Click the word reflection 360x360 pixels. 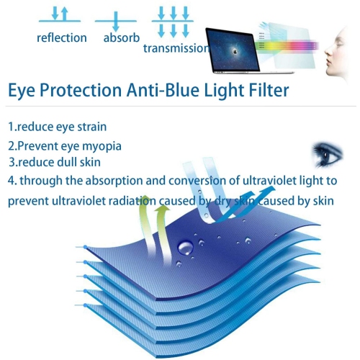point(62,37)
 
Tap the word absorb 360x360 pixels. point(121,37)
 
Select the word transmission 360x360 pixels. point(176,48)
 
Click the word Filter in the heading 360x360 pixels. point(260,91)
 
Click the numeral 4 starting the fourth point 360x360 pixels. point(11,181)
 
